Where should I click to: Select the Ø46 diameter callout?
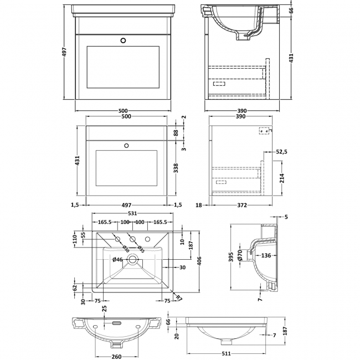[117, 259]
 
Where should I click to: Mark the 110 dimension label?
[75, 239]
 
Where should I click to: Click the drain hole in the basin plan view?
[132, 259]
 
